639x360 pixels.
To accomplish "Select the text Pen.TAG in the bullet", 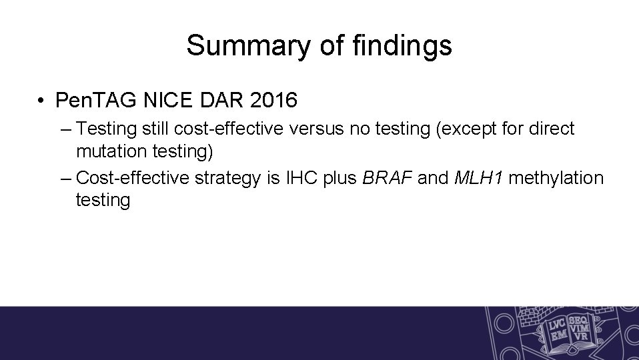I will [95, 101].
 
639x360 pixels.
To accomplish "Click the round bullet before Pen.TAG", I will [41, 101].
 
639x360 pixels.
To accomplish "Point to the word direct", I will [550, 129].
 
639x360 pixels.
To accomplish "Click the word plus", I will [342, 178].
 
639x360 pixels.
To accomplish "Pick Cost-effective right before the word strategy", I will [129, 178].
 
